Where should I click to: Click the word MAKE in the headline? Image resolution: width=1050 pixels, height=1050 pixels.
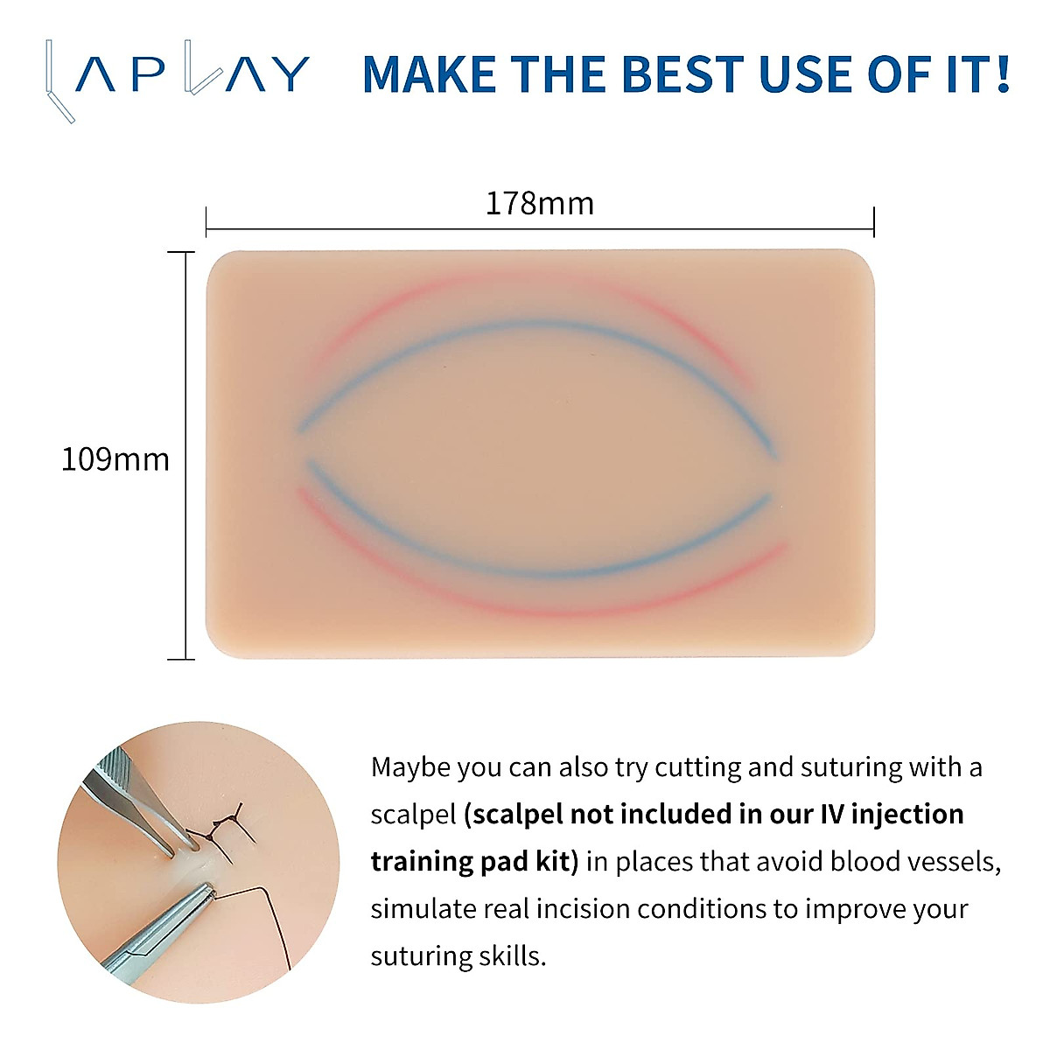coord(430,73)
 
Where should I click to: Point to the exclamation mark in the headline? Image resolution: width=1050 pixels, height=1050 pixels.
coord(1003,73)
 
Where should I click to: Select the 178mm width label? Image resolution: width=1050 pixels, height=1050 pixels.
coord(540,205)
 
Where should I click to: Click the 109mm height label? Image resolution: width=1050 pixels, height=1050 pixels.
coord(115,460)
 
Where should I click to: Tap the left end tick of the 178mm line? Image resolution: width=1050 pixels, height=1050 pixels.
coord(206,222)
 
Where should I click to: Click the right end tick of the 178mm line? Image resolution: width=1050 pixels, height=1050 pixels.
coord(874,222)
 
